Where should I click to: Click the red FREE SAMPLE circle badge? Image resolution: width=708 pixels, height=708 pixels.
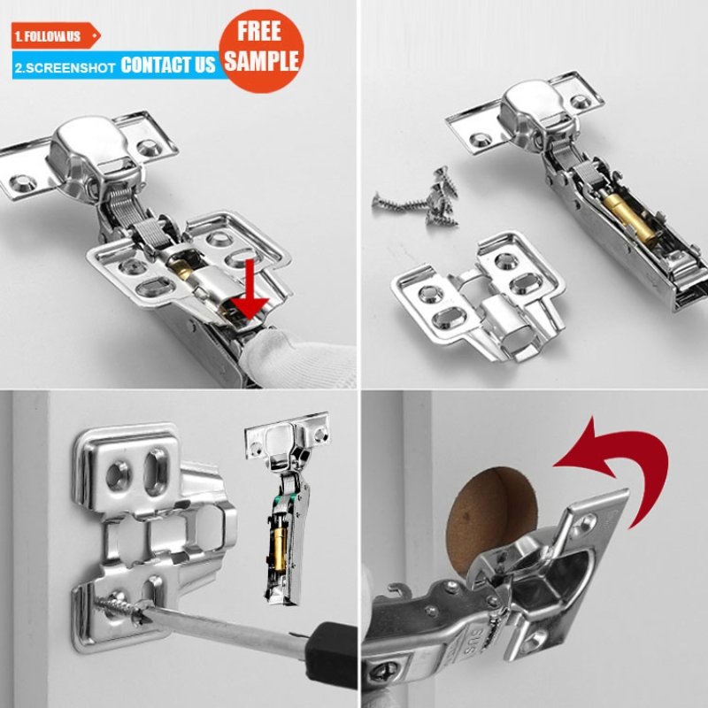(262, 46)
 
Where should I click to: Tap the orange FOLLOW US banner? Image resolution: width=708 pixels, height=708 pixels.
(53, 36)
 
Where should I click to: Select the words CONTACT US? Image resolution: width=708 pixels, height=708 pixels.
(168, 65)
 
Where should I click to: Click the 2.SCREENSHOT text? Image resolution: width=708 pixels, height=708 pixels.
(65, 67)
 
